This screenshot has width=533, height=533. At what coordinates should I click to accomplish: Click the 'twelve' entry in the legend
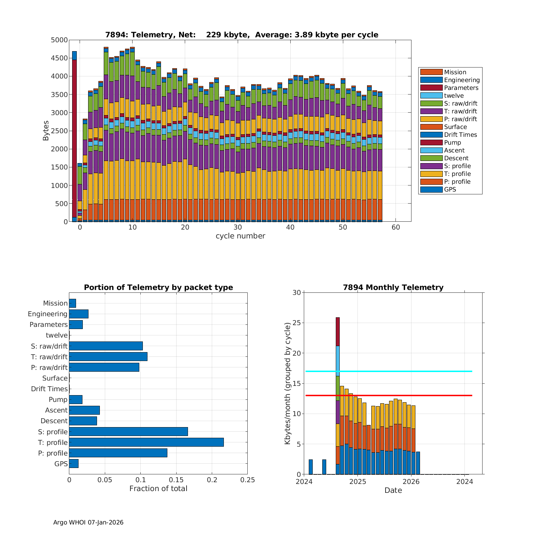pyautogui.click(x=454, y=96)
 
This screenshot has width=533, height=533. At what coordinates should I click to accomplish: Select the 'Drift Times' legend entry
pyautogui.click(x=460, y=135)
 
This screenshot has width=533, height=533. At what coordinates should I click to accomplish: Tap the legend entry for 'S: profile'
pyautogui.click(x=457, y=166)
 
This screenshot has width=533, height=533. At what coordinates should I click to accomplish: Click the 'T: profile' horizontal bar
pyautogui.click(x=146, y=442)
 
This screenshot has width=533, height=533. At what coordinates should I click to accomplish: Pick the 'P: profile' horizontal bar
pyautogui.click(x=118, y=453)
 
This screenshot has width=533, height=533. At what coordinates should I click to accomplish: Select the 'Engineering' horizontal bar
pyautogui.click(x=79, y=314)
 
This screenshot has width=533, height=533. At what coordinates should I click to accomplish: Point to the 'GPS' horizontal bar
pyautogui.click(x=74, y=464)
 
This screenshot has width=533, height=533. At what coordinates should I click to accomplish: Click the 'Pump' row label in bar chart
pyautogui.click(x=58, y=399)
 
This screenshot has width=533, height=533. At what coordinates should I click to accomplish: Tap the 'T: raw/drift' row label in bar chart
pyautogui.click(x=49, y=357)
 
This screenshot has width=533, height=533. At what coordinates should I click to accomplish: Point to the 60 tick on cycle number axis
pyautogui.click(x=396, y=227)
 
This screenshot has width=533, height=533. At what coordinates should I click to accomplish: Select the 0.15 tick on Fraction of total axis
pyautogui.click(x=176, y=480)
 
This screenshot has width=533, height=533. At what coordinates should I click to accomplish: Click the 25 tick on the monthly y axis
pyautogui.click(x=297, y=323)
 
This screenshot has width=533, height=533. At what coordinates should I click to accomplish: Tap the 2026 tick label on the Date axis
pyautogui.click(x=411, y=481)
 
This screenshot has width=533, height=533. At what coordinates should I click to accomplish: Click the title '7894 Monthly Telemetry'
pyautogui.click(x=393, y=287)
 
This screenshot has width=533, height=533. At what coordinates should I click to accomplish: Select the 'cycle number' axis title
pyautogui.click(x=240, y=236)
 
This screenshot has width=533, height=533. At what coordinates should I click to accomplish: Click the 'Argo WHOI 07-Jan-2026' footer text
pyautogui.click(x=88, y=522)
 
